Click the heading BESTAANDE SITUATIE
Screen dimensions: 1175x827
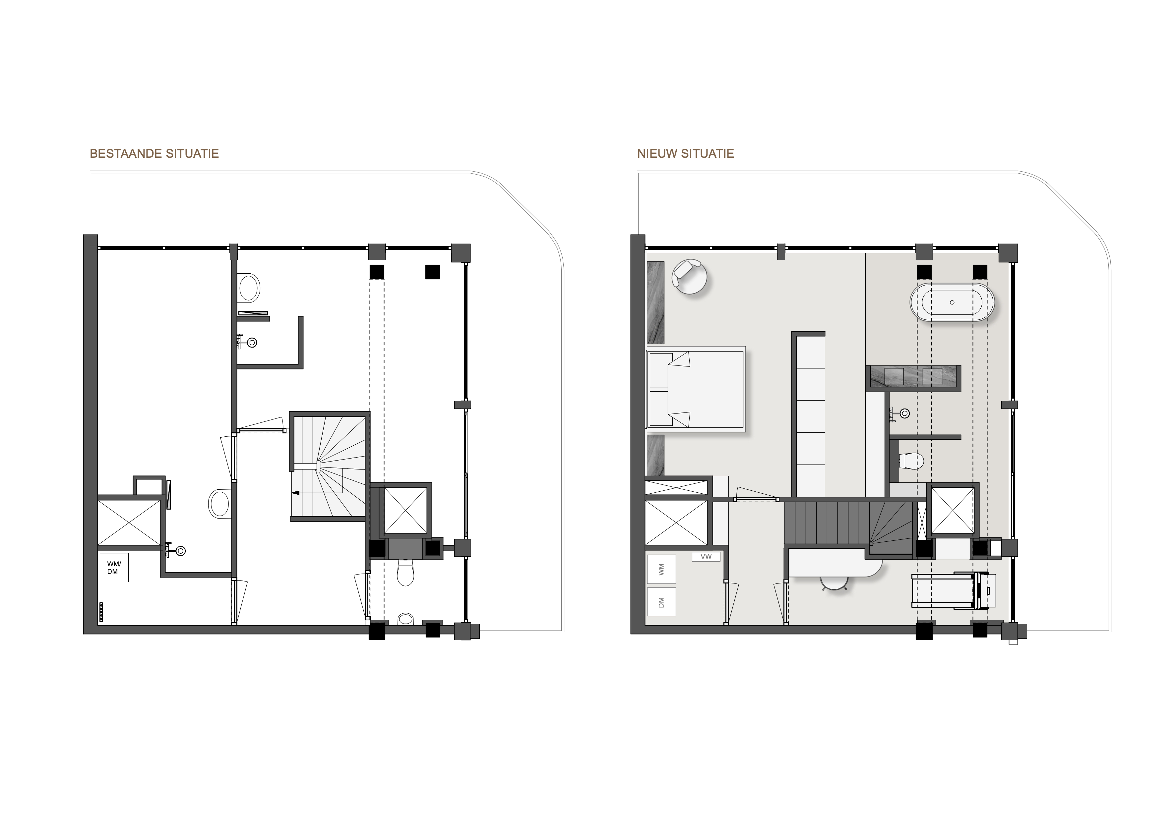point(154,153)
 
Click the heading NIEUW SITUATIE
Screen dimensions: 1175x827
point(685,153)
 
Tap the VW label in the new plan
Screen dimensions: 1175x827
point(706,556)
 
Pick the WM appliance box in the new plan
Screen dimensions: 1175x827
point(661,569)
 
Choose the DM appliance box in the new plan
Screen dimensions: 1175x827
point(661,601)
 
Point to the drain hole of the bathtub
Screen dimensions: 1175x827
point(952,302)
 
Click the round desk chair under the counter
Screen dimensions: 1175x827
point(834,583)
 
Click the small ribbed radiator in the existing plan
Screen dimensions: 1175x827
point(101,612)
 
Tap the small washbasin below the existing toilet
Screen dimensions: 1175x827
point(406,619)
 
